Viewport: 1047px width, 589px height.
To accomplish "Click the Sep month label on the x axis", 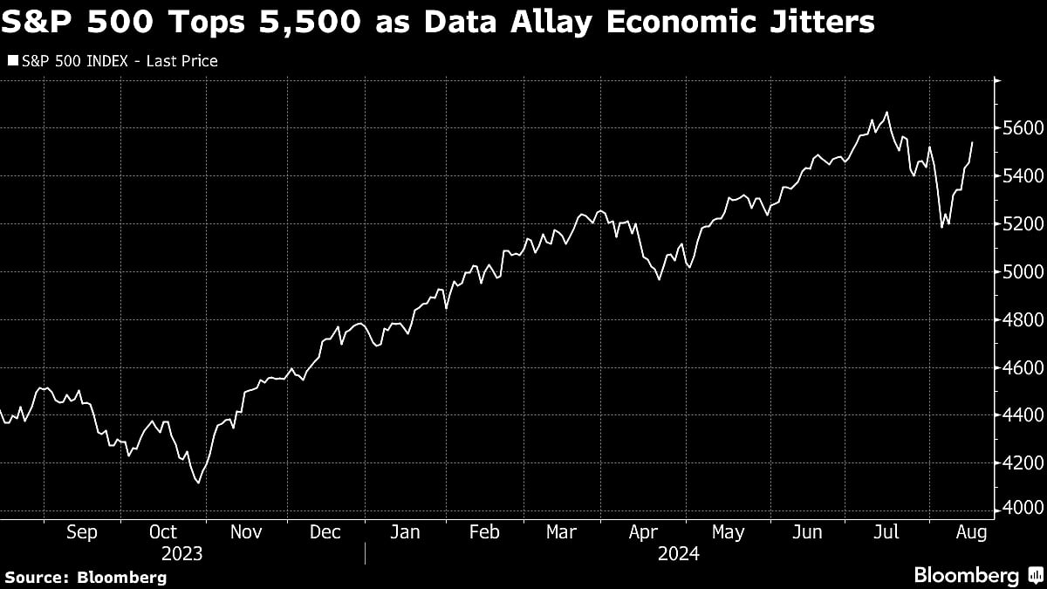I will [x=81, y=532].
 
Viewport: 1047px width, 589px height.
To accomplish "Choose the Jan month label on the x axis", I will [x=405, y=532].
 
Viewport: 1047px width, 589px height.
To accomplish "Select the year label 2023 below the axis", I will [x=181, y=553].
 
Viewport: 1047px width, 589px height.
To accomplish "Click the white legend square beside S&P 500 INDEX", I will [x=12, y=61].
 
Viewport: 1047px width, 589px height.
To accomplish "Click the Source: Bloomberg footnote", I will [x=86, y=577].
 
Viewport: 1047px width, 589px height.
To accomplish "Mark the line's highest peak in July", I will [x=887, y=113].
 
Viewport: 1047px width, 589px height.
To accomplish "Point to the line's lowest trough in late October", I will [x=198, y=483].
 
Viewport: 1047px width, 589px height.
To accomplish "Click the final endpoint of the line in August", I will [x=972, y=142].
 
